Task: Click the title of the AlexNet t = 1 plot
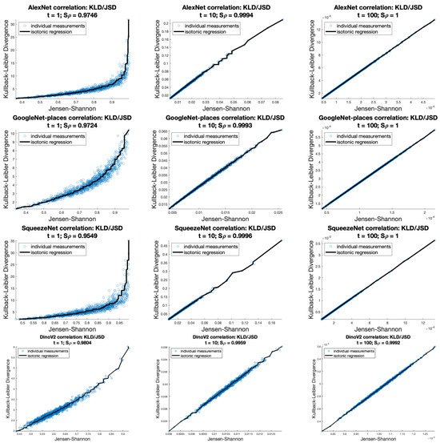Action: click(x=75, y=4)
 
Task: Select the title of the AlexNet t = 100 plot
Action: click(x=369, y=4)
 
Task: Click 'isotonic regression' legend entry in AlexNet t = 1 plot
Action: click(x=62, y=27)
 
